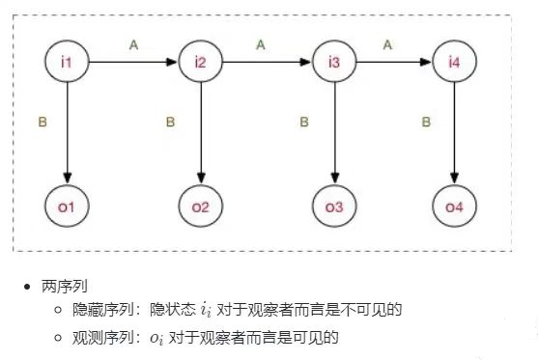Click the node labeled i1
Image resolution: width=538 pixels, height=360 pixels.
click(x=67, y=63)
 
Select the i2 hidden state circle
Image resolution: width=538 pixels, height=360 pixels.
click(x=200, y=63)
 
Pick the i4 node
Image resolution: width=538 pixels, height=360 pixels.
click(x=453, y=63)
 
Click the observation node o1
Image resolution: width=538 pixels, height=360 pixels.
click(x=67, y=207)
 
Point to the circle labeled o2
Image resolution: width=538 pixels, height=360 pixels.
click(x=200, y=207)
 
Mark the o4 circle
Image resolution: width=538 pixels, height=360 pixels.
click(x=453, y=207)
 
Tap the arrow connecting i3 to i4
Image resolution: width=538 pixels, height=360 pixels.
click(x=393, y=63)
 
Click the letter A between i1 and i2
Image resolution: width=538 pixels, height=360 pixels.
click(x=134, y=43)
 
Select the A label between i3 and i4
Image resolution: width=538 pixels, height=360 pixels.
click(x=387, y=43)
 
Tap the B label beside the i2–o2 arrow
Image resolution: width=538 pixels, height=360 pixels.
click(x=170, y=123)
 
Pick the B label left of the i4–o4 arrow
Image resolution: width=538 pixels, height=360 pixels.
click(x=426, y=123)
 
